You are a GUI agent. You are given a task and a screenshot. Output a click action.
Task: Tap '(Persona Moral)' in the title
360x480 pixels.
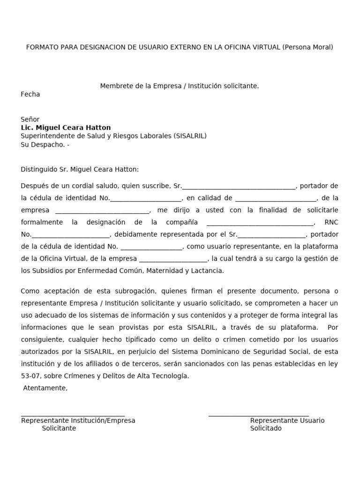308,47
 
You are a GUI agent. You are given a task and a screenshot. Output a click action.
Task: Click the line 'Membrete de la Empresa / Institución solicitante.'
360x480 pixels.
180,86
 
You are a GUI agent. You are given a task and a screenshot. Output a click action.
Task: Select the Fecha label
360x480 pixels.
30,94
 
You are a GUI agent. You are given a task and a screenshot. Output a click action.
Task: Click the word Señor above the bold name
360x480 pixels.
30,120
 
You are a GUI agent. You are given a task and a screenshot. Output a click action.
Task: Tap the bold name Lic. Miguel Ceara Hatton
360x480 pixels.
66,128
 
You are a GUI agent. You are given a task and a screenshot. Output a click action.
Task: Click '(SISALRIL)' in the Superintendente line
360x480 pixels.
190,136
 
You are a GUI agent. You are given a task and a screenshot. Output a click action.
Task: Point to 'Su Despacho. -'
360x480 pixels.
45,145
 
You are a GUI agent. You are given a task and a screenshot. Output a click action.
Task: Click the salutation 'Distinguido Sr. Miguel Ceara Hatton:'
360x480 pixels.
80,170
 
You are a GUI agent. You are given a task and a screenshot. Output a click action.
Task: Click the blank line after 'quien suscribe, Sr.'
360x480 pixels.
239,187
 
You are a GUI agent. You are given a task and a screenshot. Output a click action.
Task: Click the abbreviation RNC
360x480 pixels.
331,222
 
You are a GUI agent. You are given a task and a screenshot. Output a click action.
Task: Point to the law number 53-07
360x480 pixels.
30,376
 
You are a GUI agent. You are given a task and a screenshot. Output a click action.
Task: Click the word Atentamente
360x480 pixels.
45,388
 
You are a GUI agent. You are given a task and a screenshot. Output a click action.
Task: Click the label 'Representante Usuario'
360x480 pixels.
287,420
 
